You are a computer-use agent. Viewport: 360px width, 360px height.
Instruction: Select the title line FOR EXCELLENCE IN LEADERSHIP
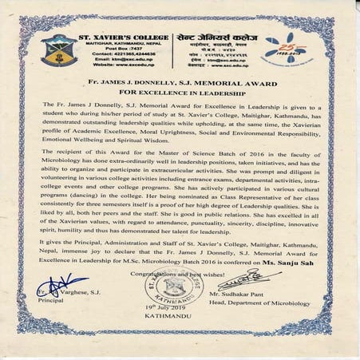(179, 91)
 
